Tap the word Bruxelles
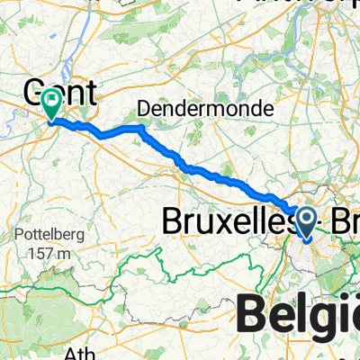click(226, 220)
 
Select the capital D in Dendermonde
click(142, 108)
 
